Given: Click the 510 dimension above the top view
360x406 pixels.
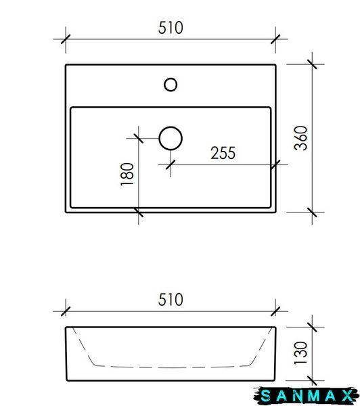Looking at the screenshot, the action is click(171, 28).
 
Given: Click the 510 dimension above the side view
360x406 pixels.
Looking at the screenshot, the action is click(171, 300).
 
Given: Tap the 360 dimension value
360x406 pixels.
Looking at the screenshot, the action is click(301, 138).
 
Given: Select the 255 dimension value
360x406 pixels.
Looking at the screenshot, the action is click(223, 153).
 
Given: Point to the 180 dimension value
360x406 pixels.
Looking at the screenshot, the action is click(127, 175).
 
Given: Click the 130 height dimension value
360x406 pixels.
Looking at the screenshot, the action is click(301, 353).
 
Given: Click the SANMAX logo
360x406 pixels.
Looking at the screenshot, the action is click(307, 396).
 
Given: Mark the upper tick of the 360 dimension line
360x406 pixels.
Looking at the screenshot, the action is click(312, 64).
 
